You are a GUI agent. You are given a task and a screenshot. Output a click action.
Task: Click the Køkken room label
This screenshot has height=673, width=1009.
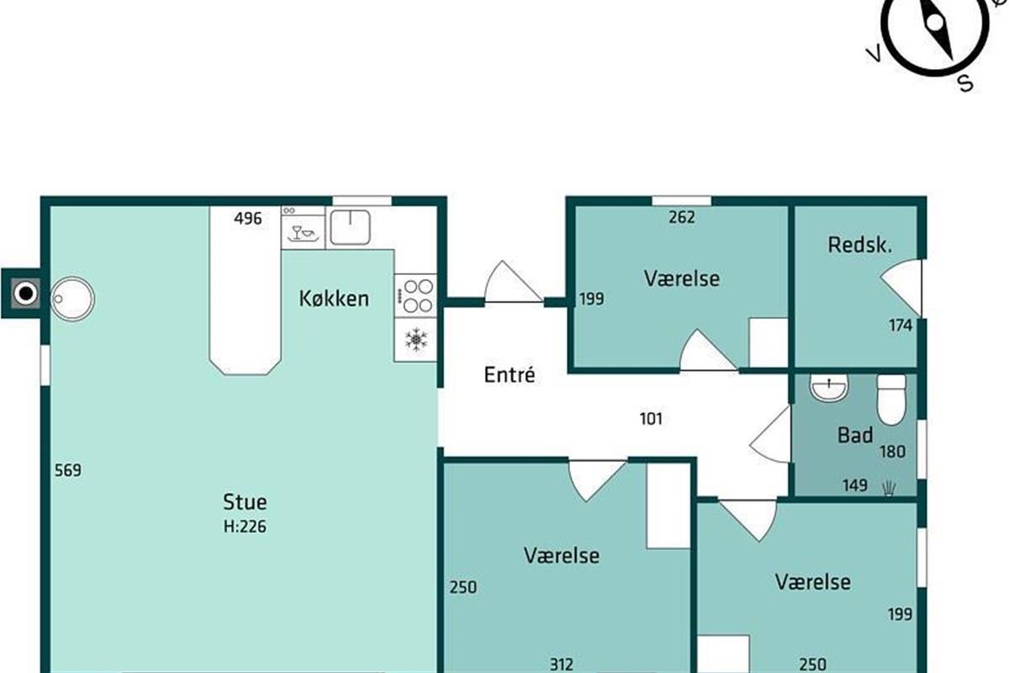pyautogui.click(x=334, y=299)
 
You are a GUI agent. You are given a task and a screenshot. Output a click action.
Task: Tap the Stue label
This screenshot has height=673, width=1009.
pyautogui.click(x=245, y=501)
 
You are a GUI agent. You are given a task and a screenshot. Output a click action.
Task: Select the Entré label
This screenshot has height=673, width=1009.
pyautogui.click(x=510, y=374)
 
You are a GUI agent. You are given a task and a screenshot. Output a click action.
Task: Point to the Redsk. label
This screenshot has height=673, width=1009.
pyautogui.click(x=860, y=245)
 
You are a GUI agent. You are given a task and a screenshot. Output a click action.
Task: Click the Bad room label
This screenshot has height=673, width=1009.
pyautogui.click(x=855, y=435)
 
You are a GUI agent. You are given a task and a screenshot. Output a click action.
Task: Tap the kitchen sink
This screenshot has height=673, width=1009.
pyautogui.click(x=351, y=227)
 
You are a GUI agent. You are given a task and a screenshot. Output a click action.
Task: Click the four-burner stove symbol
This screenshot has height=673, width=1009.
pyautogui.click(x=415, y=296)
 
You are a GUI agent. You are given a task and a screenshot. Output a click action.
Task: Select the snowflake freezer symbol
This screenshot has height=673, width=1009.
pyautogui.click(x=415, y=339)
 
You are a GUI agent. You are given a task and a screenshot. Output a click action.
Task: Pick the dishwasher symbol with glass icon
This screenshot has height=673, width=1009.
pyautogui.click(x=303, y=232)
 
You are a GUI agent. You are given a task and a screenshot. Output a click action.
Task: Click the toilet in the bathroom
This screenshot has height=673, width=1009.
pyautogui.click(x=891, y=400)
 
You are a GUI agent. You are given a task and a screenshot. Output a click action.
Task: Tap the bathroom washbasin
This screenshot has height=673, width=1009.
pyautogui.click(x=829, y=387)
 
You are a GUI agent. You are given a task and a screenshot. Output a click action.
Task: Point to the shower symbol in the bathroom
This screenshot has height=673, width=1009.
pyautogui.click(x=889, y=488)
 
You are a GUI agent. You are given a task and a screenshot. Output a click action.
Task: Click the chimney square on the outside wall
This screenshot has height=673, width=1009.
pyautogui.click(x=26, y=294)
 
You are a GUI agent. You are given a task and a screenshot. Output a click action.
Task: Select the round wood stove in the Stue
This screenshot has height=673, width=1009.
pyautogui.click(x=72, y=299)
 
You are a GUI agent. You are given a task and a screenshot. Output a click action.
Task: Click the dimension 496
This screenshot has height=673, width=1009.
pyautogui.click(x=247, y=219)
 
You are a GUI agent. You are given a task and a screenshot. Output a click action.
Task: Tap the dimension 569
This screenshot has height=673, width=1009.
pyautogui.click(x=68, y=470)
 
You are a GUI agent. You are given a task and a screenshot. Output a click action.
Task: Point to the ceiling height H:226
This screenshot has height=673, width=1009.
pyautogui.click(x=245, y=526)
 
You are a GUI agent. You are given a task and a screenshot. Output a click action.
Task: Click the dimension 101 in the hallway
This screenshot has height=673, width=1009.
pyautogui.click(x=651, y=419)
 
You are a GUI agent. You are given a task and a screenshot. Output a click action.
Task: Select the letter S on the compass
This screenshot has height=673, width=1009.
pyautogui.click(x=965, y=83)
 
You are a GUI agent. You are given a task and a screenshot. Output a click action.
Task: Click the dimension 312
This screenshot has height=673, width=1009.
pyautogui.click(x=562, y=665)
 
